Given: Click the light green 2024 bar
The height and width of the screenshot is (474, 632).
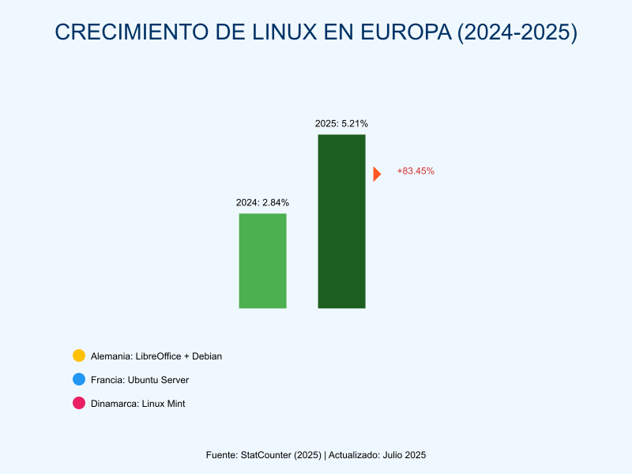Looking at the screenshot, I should coord(262,261).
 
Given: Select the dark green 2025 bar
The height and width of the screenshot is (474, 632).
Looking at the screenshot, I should coord(341,221).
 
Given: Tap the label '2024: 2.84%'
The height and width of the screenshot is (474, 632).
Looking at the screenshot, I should coord(262,202).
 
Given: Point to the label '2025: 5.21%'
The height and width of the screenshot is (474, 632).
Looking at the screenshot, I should coord(341,123).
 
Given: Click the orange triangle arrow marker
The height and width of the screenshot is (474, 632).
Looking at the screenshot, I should coord(377,174).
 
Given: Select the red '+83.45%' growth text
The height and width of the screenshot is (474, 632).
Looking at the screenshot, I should coord(416,171).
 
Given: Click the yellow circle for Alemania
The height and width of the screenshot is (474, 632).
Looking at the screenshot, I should coord(78,356).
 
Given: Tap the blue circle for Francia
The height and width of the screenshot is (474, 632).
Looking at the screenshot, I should coord(78,380).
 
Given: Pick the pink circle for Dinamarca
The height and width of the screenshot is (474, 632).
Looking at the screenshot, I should coord(78,404).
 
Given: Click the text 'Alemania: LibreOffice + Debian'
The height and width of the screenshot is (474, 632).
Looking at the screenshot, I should coord(156,356).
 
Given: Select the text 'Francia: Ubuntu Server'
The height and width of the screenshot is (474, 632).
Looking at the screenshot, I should coord(140,380).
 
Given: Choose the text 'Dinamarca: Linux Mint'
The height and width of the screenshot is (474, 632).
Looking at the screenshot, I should coord(137,404).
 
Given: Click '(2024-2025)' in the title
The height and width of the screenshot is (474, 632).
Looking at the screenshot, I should coord(517,32).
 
